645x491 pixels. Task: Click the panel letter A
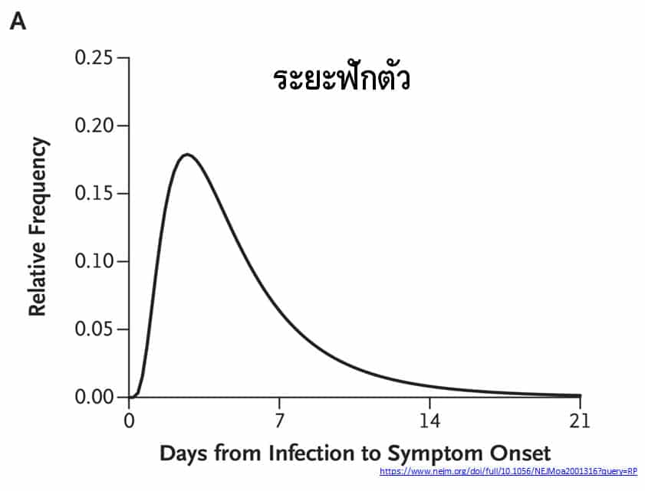pos(18,22)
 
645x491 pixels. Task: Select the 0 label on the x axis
pos(129,420)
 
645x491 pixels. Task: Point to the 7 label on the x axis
pos(280,420)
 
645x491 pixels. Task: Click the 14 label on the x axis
pos(429,420)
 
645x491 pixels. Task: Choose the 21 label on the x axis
pos(580,420)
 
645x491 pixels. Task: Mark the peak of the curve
pos(186,154)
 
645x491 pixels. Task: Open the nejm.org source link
pos(508,470)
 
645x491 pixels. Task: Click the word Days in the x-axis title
pos(183,453)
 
